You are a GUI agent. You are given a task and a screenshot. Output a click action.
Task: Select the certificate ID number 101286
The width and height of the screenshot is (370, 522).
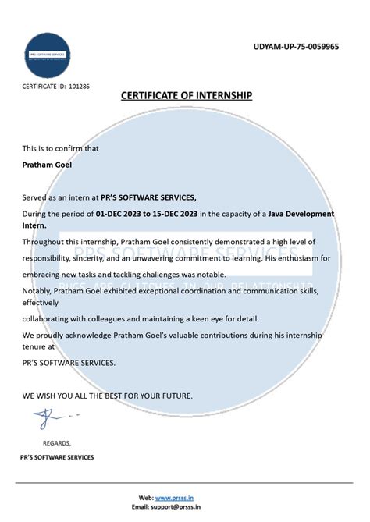click(80, 86)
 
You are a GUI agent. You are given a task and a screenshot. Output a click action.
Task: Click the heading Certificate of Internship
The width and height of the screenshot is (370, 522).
click(187, 95)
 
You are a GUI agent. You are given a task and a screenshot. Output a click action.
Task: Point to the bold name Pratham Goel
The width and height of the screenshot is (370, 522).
click(48, 165)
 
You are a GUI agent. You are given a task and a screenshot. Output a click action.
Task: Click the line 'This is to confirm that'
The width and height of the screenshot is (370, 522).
click(60, 147)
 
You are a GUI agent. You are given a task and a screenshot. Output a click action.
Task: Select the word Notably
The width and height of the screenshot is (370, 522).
click(37, 290)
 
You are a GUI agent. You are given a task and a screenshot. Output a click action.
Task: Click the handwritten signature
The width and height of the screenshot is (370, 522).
click(47, 419)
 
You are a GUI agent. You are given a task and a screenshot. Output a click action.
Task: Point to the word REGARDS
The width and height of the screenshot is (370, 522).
click(56, 442)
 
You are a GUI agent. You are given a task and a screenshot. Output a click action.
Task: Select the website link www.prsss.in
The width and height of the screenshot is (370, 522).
click(173, 497)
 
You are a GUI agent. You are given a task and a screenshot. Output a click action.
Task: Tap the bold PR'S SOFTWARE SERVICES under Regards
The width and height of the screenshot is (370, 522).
click(59, 457)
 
